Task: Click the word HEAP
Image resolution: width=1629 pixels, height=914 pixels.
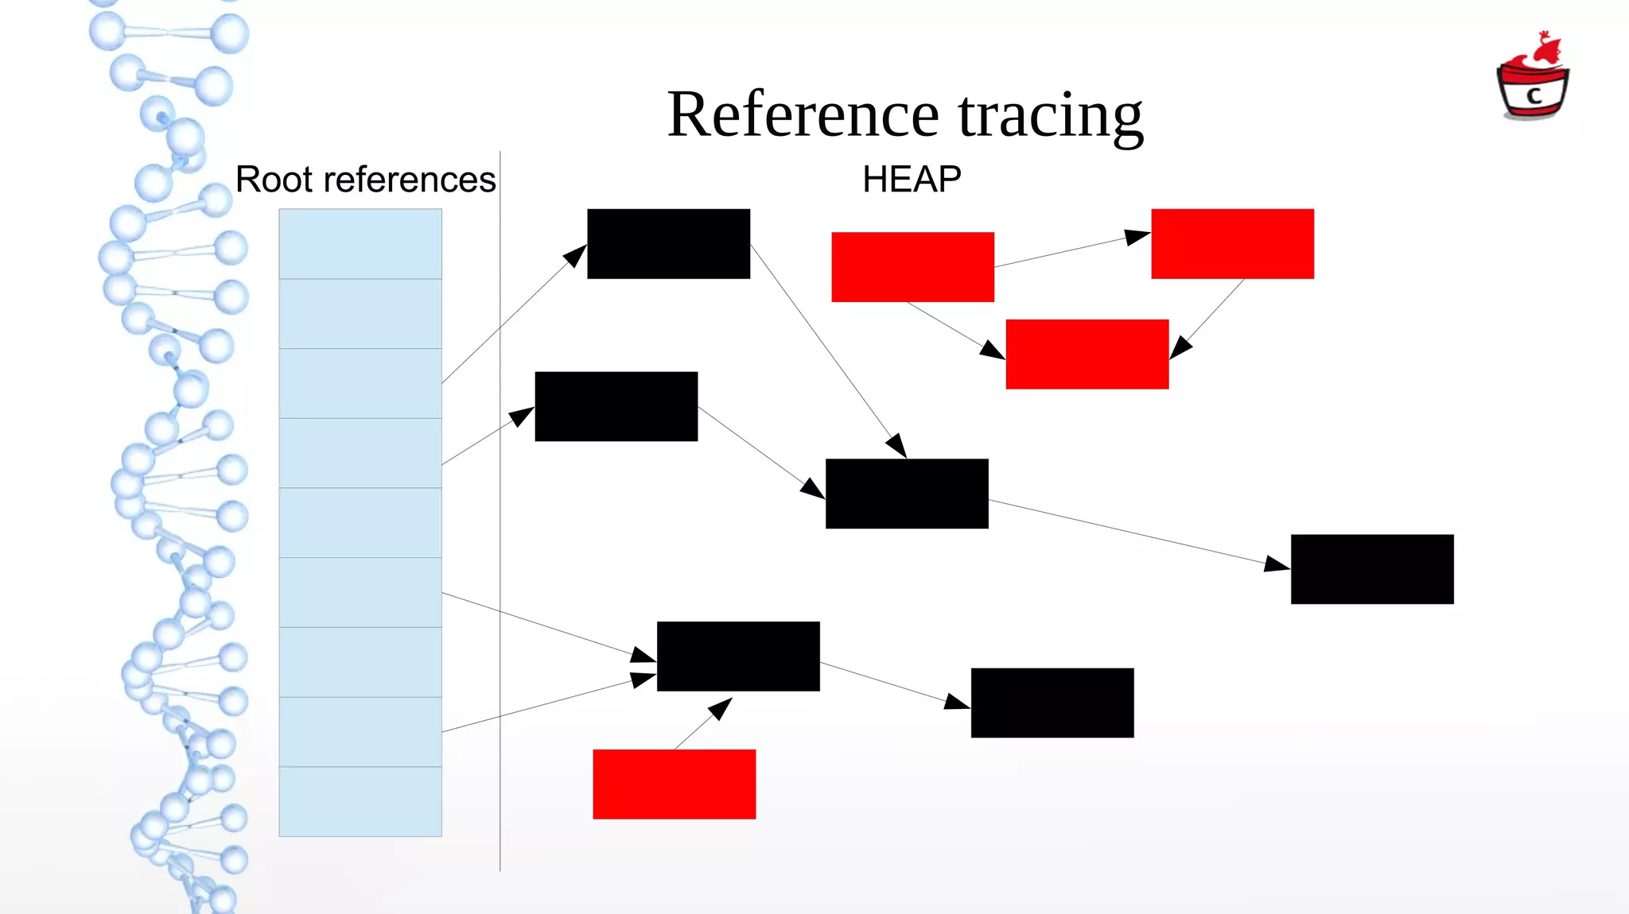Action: pos(912,180)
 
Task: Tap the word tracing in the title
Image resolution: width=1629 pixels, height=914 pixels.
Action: pos(1050,115)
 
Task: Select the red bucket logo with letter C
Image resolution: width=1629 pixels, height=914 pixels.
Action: pos(1533,80)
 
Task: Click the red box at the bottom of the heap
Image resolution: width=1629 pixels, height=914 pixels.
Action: pos(674,784)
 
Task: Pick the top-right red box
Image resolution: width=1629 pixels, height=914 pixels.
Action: pos(1232,243)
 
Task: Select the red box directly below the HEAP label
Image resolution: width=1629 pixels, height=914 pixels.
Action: pos(912,267)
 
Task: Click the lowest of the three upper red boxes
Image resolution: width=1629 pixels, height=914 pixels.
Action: pos(1087,354)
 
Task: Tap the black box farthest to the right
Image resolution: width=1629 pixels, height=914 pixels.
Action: pos(1372,569)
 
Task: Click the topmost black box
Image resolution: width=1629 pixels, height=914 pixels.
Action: pos(668,243)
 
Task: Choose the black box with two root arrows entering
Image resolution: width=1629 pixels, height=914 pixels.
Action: pos(738,656)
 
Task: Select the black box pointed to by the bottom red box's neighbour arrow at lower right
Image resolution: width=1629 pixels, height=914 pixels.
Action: pos(1052,703)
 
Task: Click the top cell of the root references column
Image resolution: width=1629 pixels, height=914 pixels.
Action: pos(360,244)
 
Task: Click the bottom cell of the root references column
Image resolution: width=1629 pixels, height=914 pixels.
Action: pos(360,801)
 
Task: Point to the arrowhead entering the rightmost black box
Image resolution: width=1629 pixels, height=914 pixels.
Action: pos(1277,564)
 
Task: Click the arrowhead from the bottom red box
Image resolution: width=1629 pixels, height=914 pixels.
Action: pos(721,707)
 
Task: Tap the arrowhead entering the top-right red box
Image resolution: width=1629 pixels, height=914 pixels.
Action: pos(1138,237)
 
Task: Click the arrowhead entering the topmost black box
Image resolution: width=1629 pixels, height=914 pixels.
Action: pos(575,256)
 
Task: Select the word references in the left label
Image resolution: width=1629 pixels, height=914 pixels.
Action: pos(410,180)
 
